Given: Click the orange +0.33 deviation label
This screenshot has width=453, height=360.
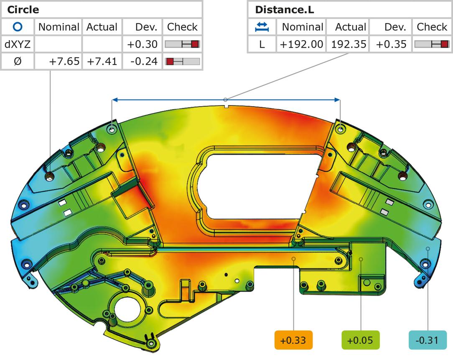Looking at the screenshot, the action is coord(293,340).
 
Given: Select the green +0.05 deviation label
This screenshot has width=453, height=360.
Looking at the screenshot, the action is coord(360,340).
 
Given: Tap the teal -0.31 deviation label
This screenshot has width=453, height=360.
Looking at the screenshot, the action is coord(428,340).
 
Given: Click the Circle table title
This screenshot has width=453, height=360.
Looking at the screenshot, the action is coord(23,10).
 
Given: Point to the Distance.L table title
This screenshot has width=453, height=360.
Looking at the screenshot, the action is coord(284,10).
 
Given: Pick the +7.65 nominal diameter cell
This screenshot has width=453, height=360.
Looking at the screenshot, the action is coord(64,62).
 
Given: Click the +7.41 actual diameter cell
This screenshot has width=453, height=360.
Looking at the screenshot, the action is coord(102,62).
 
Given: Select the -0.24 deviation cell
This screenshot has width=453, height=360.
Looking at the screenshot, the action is coord(144,62).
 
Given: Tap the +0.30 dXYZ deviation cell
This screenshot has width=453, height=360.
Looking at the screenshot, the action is coord(143,44).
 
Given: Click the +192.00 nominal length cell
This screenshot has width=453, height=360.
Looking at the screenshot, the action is coord(301,44).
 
